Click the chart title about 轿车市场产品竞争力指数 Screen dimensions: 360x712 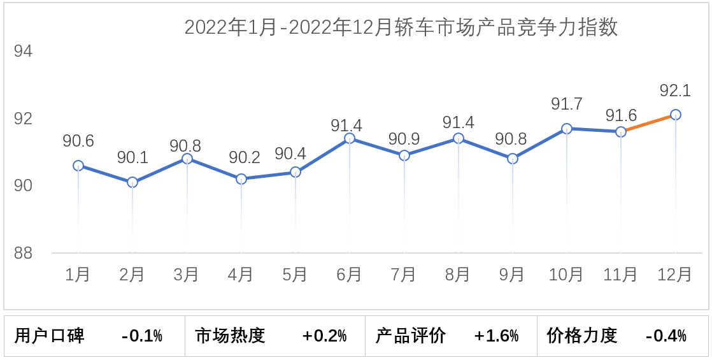coord(401,28)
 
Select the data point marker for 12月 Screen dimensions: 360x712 coord(675,115)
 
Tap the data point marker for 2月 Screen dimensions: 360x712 coord(132,182)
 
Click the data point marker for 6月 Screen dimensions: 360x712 coord(350,138)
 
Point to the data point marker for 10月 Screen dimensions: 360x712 coord(567,129)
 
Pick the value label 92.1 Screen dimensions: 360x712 coord(675,91)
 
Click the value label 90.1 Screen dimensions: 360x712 coord(132,157)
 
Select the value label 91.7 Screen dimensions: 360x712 coord(567,104)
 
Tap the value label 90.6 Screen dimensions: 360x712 coord(78,141)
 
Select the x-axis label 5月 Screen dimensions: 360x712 coord(295,275)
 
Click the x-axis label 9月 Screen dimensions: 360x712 coord(513,275)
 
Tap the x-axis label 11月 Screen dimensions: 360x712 coord(621,275)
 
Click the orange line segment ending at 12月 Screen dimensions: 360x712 coord(648,123)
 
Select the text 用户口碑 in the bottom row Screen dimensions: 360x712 coord(50,336)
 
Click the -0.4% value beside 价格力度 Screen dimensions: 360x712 coord(666,336)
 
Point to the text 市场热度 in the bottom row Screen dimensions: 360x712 coord(231,336)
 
